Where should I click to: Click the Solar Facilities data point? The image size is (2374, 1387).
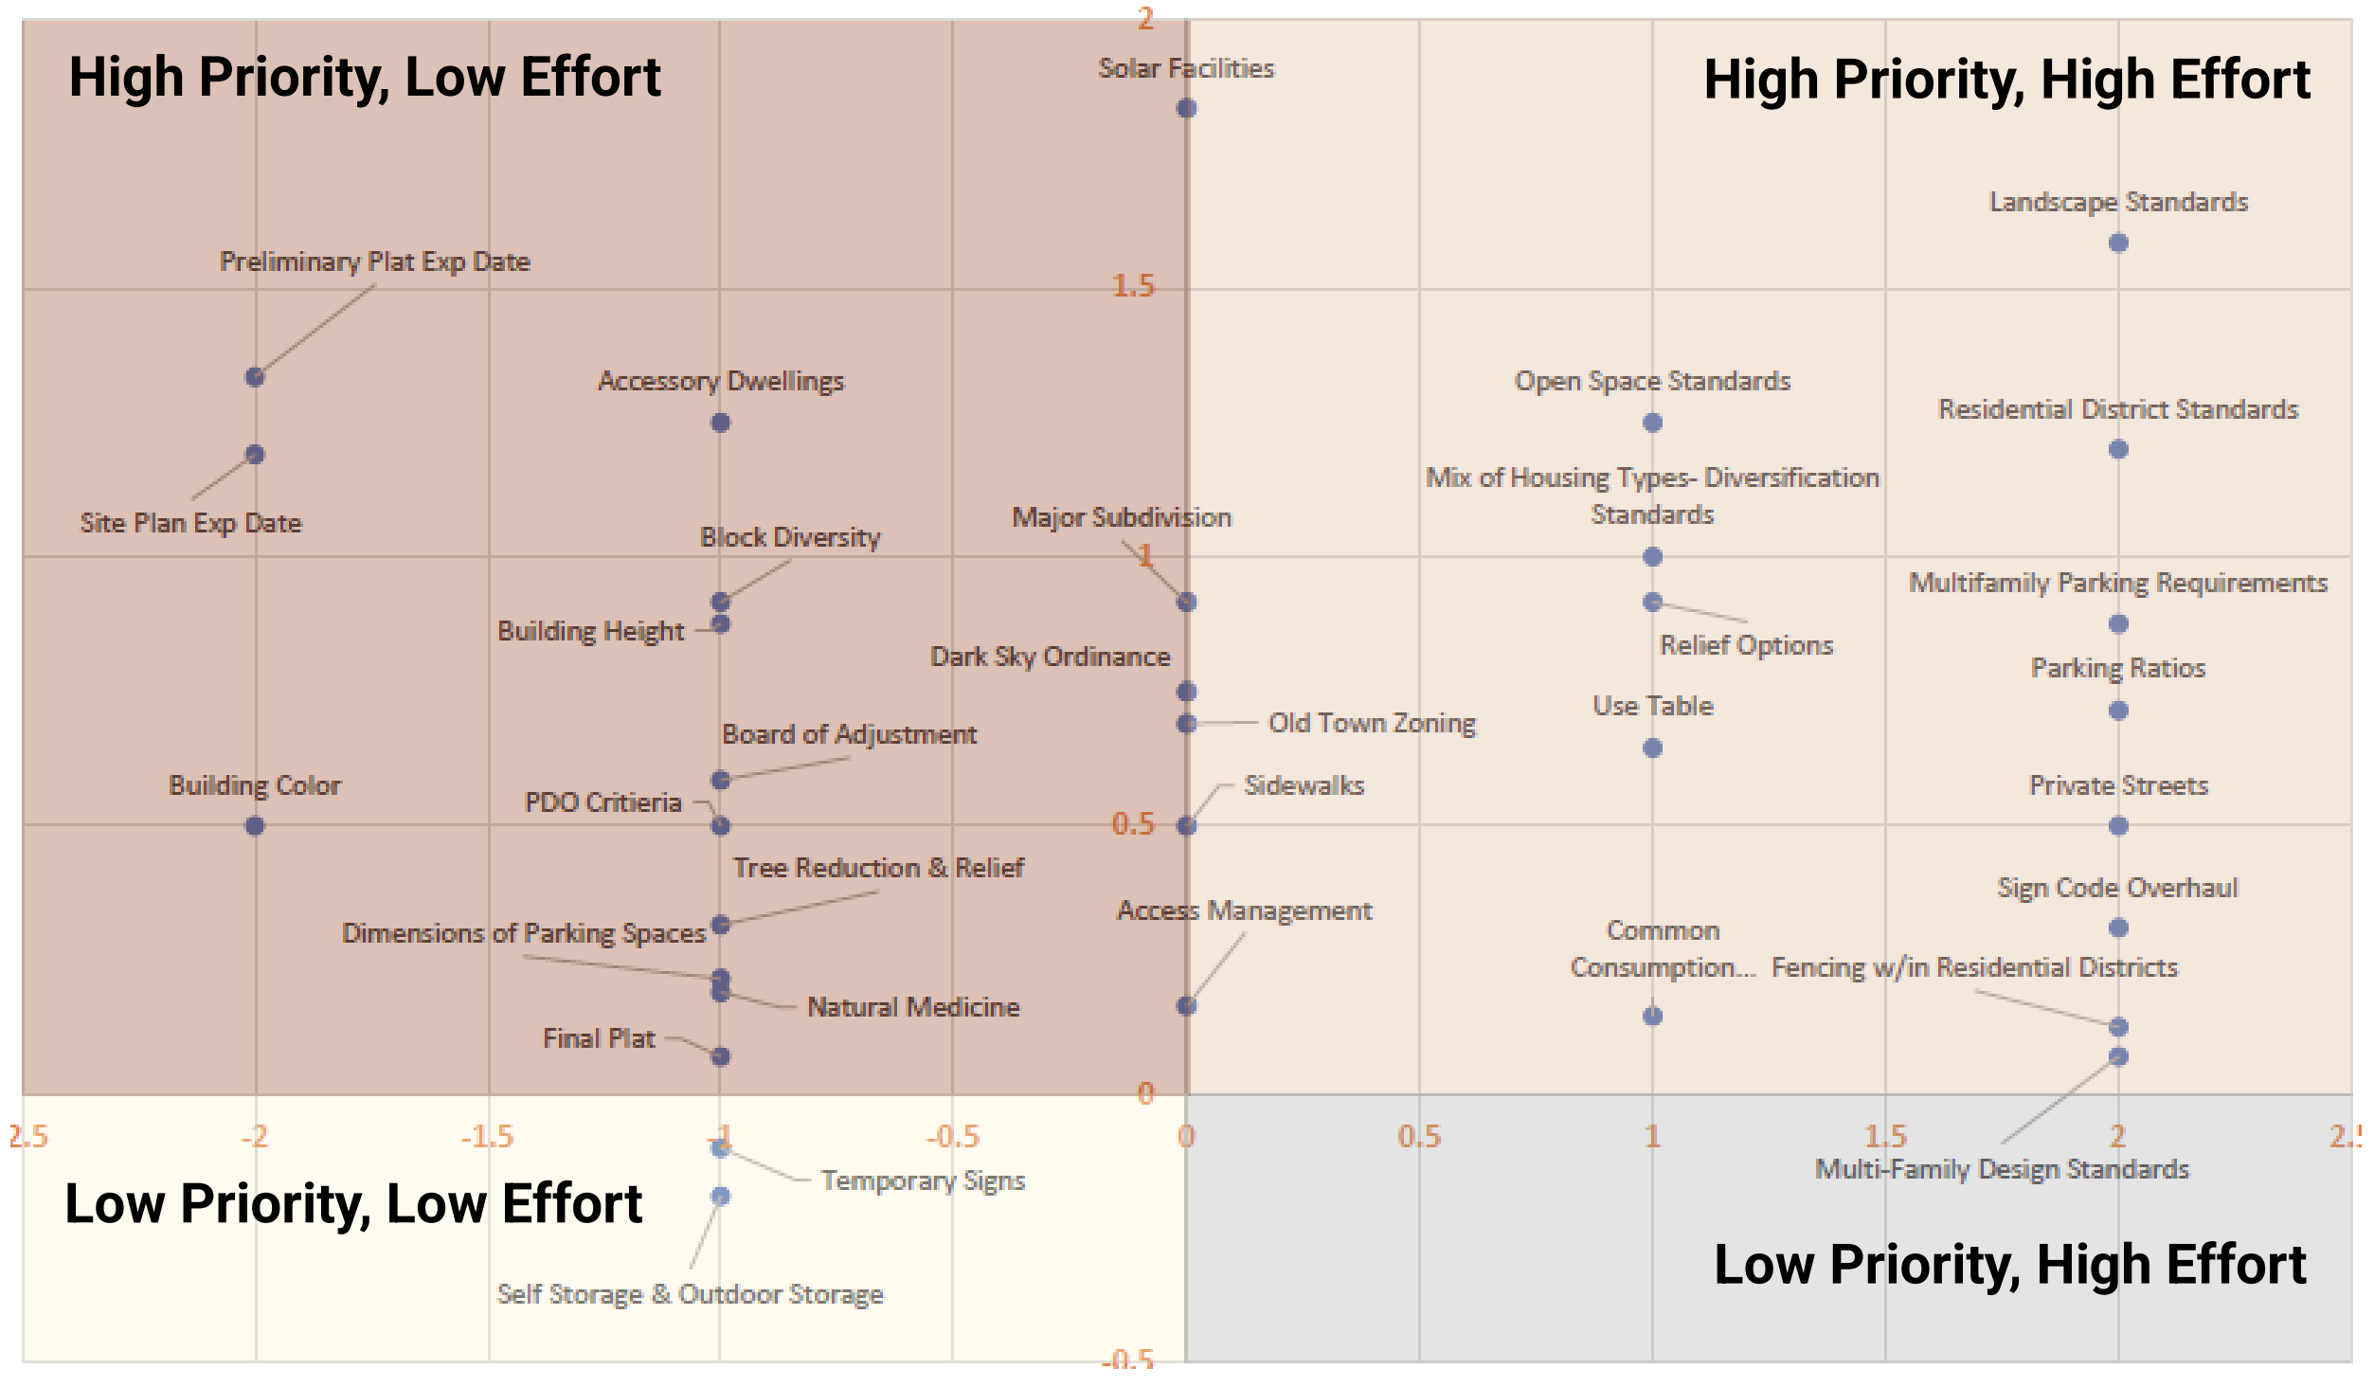pos(1186,108)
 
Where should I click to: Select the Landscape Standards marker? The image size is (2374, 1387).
pos(2118,243)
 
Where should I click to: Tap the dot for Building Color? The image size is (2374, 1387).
pos(255,826)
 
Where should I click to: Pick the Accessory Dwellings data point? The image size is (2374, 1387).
pos(720,423)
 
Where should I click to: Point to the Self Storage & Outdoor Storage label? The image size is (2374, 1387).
pos(690,1294)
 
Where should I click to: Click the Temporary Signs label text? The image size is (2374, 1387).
pos(923,1180)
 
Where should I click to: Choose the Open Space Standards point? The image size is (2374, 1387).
pos(1652,423)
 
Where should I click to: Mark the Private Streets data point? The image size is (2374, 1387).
pos(2118,826)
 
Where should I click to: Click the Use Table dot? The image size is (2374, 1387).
pos(1652,748)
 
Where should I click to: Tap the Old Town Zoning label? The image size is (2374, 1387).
pos(1372,723)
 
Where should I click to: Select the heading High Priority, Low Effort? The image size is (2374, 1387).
pos(365,78)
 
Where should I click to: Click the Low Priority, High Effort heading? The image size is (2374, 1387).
pos(2009,1265)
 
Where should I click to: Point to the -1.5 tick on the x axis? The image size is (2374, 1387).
pos(487,1136)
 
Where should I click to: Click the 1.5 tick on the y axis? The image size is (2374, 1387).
pos(1133,286)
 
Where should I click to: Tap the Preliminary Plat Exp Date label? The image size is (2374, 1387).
pos(374,261)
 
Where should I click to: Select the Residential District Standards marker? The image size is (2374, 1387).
pos(2118,449)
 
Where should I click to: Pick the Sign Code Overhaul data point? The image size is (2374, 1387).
pos(2118,928)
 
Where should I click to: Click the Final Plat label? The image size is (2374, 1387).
pos(599,1038)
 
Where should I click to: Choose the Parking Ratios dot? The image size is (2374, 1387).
pos(2118,711)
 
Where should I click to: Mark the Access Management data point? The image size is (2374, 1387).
pos(1186,1006)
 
